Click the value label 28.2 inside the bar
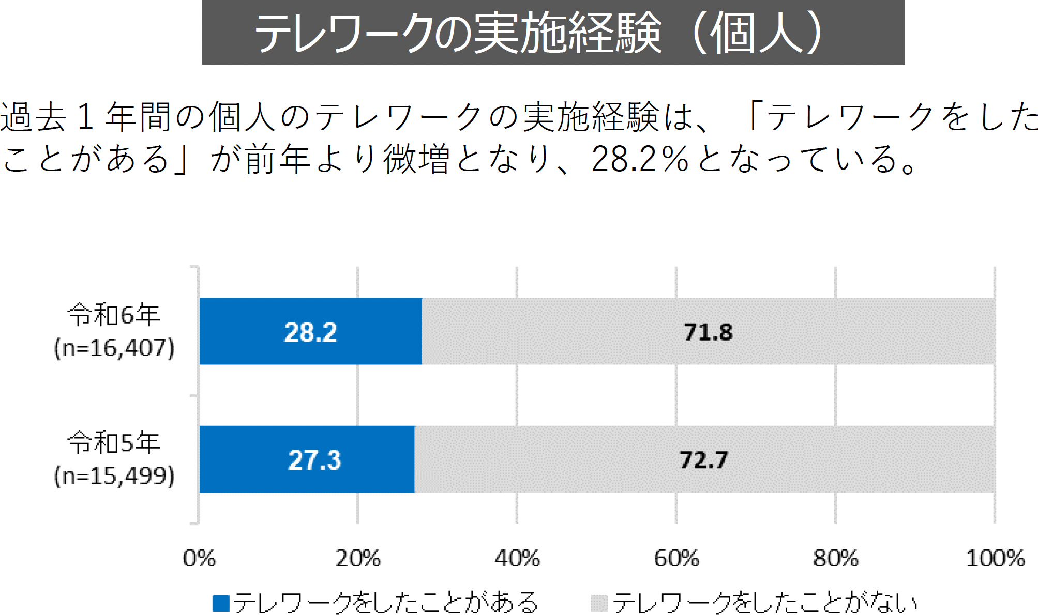pyautogui.click(x=310, y=332)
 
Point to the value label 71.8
pyautogui.click(x=708, y=332)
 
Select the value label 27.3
pyautogui.click(x=314, y=460)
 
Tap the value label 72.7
pyautogui.click(x=703, y=460)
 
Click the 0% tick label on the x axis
pyautogui.click(x=199, y=559)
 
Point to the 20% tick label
pyautogui.click(x=358, y=559)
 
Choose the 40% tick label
pyautogui.click(x=517, y=559)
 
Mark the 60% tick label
pyautogui.click(x=676, y=559)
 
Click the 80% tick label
pyautogui.click(x=836, y=559)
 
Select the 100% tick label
pyautogui.click(x=995, y=559)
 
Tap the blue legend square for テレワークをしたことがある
pyautogui.click(x=221, y=603)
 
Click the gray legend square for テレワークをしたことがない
pyautogui.click(x=599, y=603)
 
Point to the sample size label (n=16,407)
pyautogui.click(x=114, y=348)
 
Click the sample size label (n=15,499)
pyautogui.click(x=114, y=476)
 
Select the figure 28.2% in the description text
pyautogui.click(x=640, y=159)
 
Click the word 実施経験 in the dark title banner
pyautogui.click(x=567, y=33)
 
